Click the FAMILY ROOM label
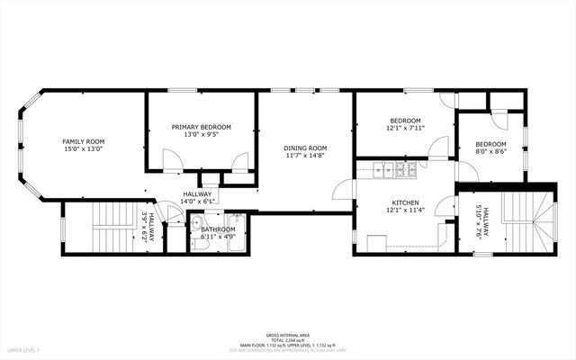pyautogui.click(x=83, y=141)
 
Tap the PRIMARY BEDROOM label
pyautogui.click(x=202, y=127)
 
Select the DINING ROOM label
pyautogui.click(x=305, y=148)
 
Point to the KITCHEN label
pyautogui.click(x=405, y=202)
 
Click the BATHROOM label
pyautogui.click(x=218, y=229)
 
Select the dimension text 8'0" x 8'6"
pyautogui.click(x=490, y=151)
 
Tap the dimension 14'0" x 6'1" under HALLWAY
pyautogui.click(x=197, y=202)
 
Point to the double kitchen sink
pyautogui.click(x=383, y=167)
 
